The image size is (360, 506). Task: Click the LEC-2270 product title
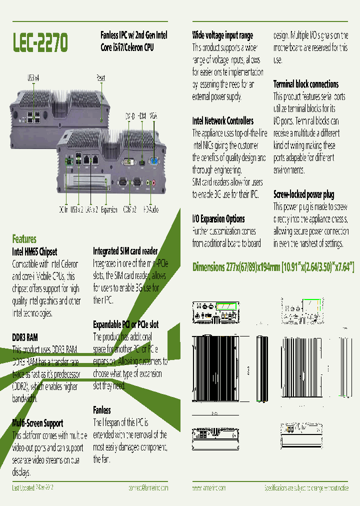tap(40, 43)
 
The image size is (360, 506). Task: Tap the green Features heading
tap(24, 239)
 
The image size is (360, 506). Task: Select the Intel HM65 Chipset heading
tap(34, 251)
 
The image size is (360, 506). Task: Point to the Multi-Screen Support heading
tap(37, 423)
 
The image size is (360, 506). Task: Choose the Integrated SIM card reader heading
tap(125, 251)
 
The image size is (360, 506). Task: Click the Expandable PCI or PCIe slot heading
tap(125, 324)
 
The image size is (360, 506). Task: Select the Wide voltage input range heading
tap(222, 35)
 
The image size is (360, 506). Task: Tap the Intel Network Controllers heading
tap(222, 120)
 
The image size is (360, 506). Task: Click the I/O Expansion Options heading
tap(218, 218)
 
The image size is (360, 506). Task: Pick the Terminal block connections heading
tap(305, 84)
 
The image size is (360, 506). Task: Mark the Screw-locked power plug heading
tap(303, 194)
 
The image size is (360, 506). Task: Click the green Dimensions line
tap(273, 267)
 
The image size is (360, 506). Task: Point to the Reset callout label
tap(100, 78)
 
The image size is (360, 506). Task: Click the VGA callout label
tap(153, 116)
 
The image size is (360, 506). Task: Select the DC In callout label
tap(63, 210)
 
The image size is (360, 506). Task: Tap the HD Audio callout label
tap(152, 210)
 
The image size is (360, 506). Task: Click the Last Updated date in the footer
tap(32, 487)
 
